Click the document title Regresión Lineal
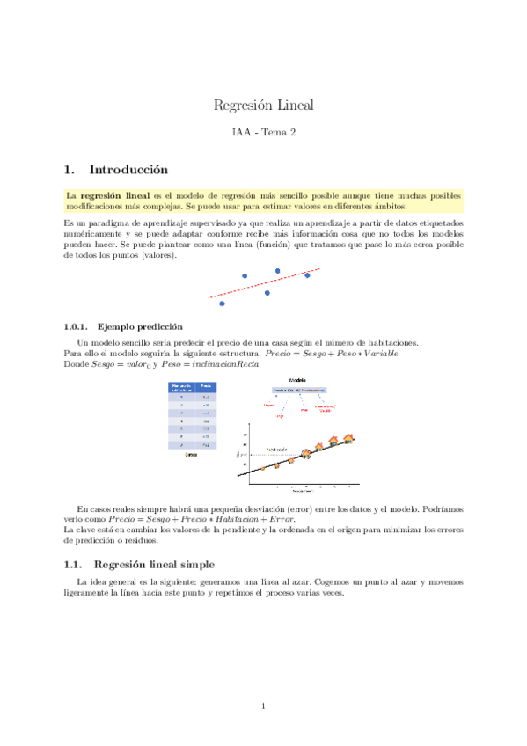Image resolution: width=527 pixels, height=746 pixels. click(263, 106)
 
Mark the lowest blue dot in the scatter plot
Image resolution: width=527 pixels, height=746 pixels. click(222, 304)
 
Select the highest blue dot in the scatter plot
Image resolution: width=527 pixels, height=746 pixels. click(277, 271)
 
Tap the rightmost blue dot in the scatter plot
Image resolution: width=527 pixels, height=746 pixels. click(307, 275)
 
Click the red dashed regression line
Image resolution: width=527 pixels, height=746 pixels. click(264, 283)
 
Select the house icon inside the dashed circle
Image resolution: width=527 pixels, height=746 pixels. click(306, 453)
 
